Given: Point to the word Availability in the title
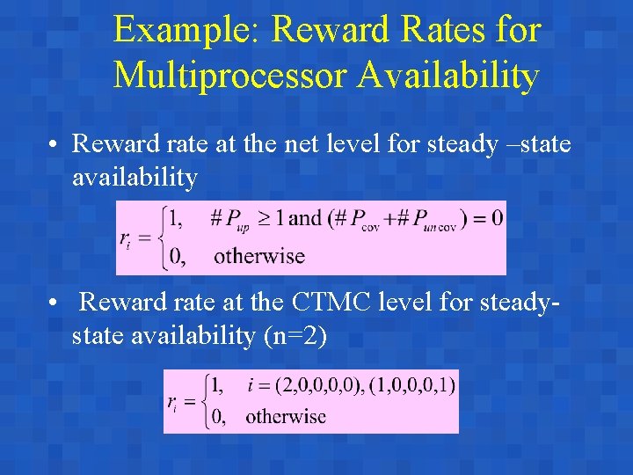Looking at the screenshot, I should point(447,77).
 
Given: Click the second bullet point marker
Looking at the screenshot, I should point(55,303).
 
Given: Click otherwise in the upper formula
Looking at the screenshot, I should point(258,257).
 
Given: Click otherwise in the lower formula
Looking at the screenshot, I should point(285,416).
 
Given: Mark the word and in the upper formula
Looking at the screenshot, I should point(305,218).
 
